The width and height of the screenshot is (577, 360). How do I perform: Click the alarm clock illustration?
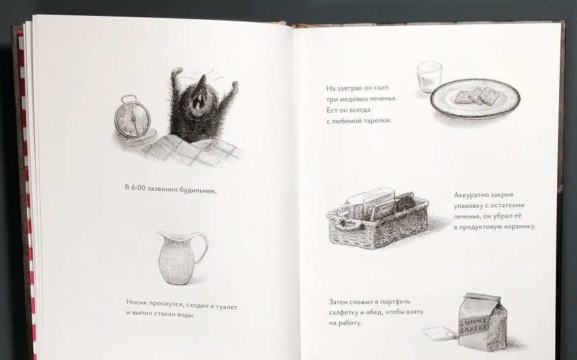pos(132,118)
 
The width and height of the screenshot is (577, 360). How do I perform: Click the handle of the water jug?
pos(202,246)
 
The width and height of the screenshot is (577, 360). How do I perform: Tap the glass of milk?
pos(429,77)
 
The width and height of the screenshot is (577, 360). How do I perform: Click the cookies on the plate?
pos(477,97)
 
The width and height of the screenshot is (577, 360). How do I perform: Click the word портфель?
pos(395,302)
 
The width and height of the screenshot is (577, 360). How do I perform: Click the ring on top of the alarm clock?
pos(129,99)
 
